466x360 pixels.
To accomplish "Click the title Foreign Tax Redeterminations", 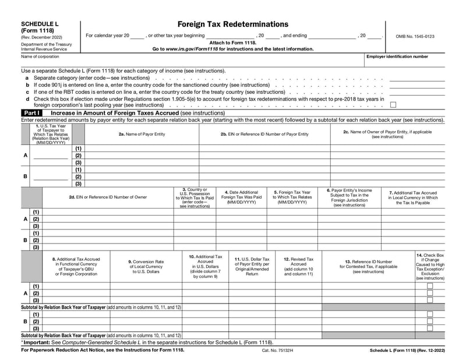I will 232,24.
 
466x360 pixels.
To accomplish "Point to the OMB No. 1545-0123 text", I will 415,36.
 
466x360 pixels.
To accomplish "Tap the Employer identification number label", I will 397,57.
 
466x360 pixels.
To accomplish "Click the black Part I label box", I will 31,112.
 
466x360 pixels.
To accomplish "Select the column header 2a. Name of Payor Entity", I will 142,134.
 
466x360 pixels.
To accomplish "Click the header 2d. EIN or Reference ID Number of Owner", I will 108,197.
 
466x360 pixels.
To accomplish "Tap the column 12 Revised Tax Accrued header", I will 298,266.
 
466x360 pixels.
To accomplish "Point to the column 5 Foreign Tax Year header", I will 292,197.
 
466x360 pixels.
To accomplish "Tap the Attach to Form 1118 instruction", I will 232,43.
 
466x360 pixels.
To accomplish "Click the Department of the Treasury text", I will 47,44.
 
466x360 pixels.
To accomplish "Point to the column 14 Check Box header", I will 430,266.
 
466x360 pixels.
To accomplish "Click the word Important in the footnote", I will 36,343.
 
